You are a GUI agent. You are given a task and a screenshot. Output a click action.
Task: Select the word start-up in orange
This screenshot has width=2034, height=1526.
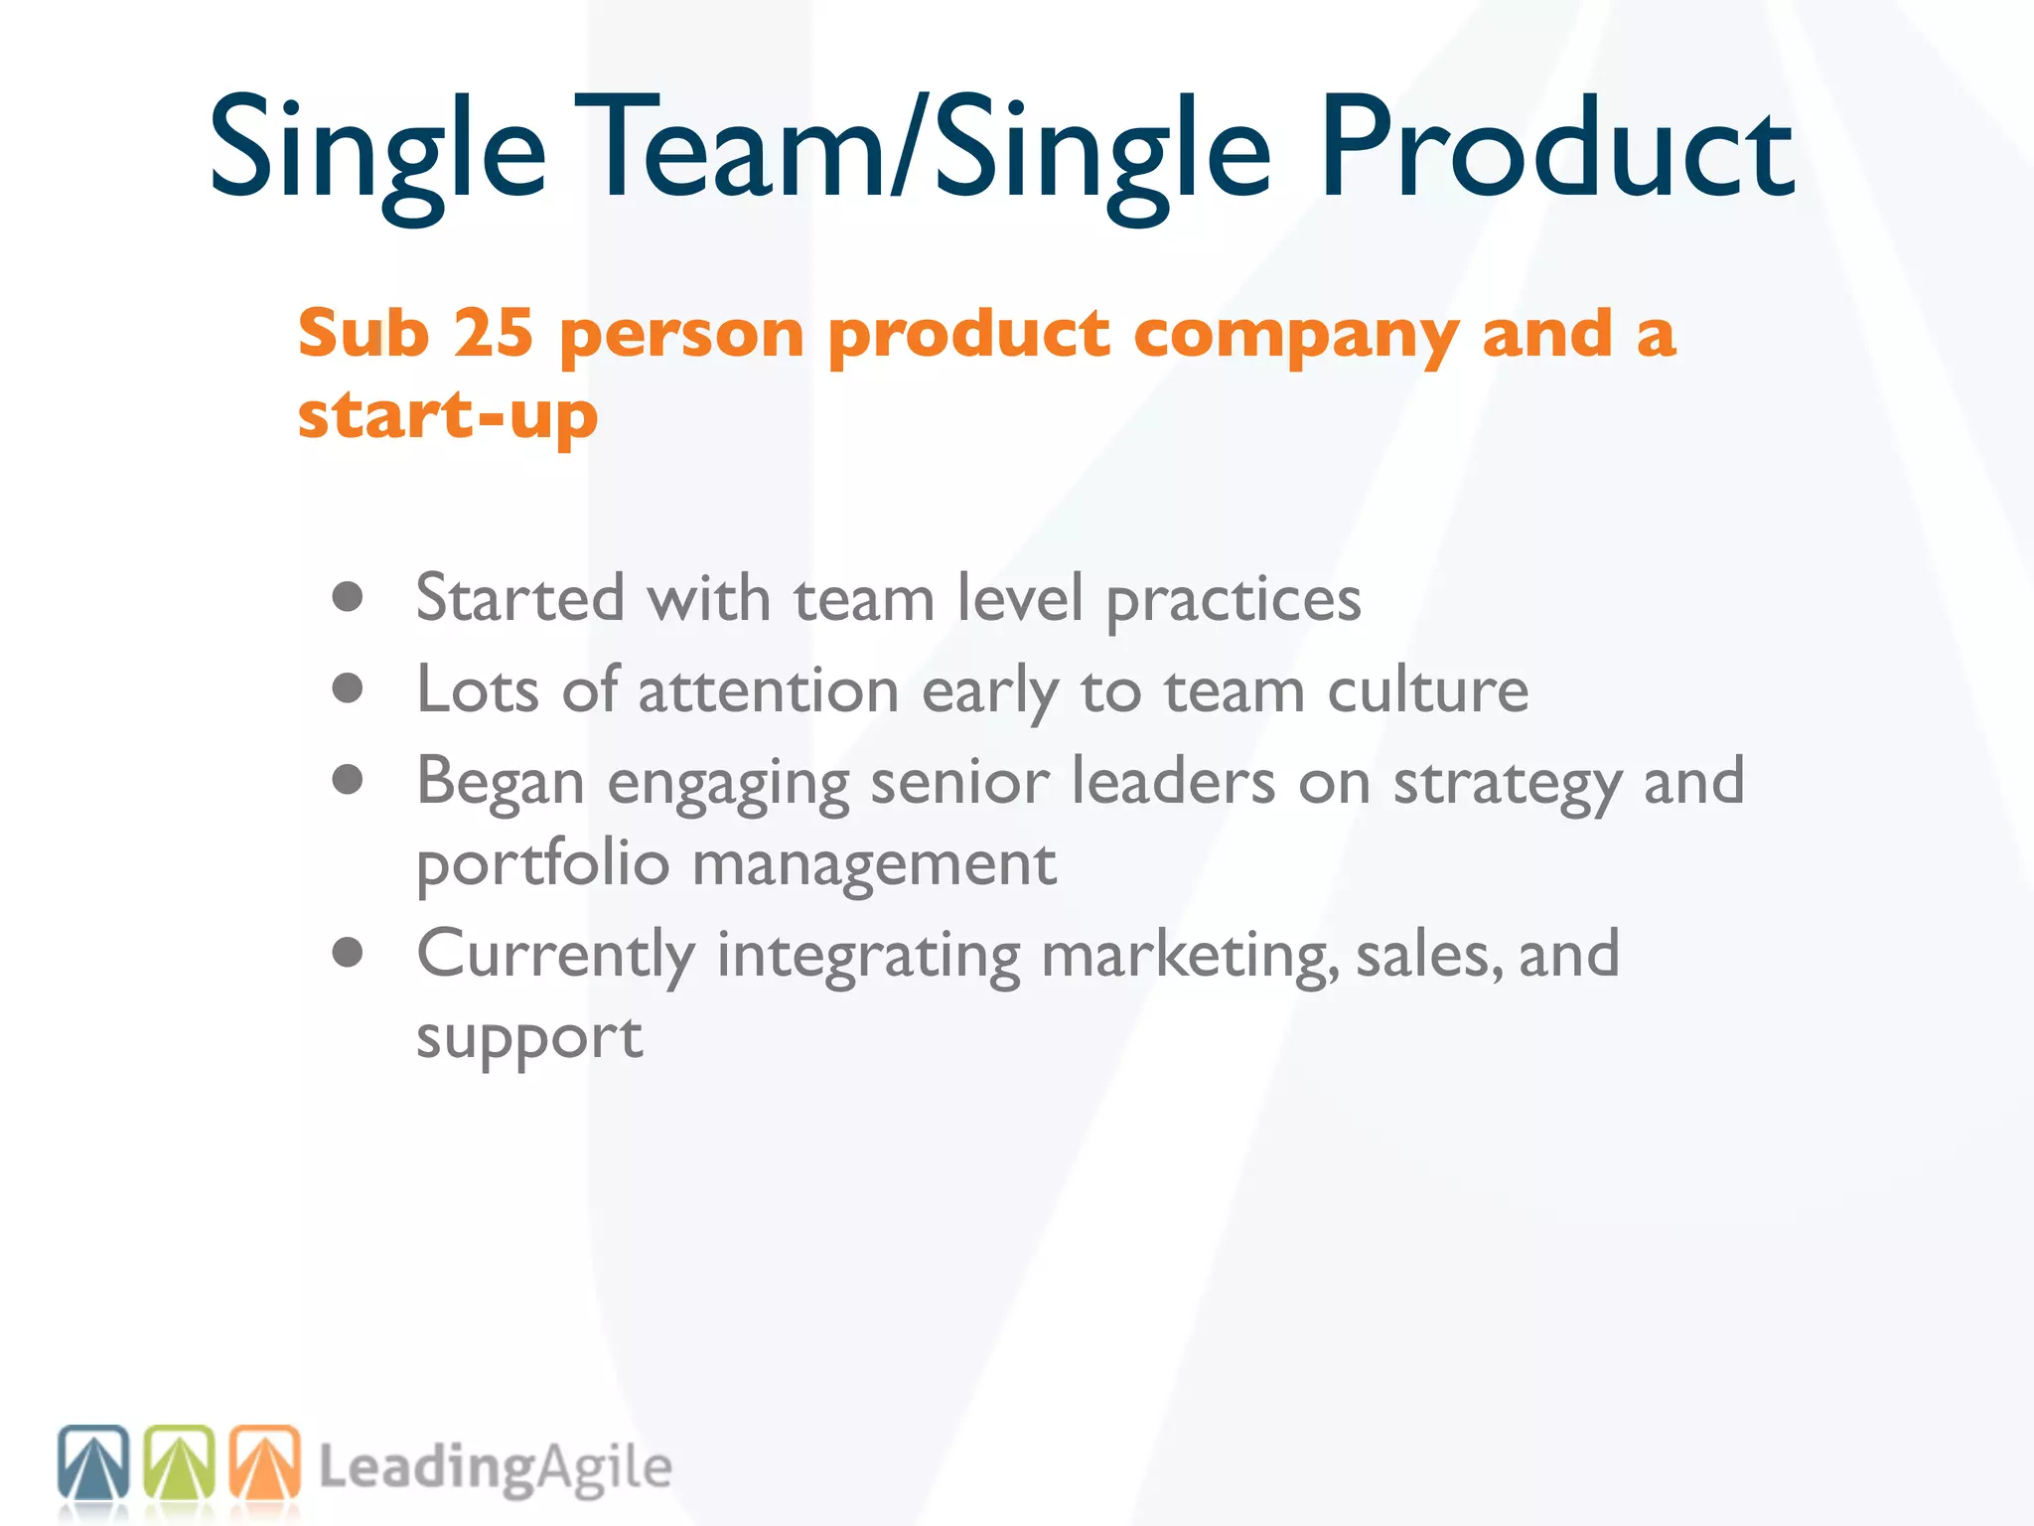click(448, 415)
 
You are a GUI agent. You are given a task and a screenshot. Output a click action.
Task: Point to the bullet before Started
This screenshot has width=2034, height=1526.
click(348, 597)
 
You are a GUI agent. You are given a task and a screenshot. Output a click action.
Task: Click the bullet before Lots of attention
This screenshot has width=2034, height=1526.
click(348, 688)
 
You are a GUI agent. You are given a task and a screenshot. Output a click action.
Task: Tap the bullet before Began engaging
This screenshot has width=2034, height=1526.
click(348, 780)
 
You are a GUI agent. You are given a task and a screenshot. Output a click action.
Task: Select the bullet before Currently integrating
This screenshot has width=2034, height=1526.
click(348, 953)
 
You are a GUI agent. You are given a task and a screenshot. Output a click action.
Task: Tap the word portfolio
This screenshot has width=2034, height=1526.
click(542, 864)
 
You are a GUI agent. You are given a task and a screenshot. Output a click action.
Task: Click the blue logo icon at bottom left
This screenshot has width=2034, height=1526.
click(93, 1461)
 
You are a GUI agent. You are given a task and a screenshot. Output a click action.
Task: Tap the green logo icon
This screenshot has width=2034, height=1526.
click(180, 1461)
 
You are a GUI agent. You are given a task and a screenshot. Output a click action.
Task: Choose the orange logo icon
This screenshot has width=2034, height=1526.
click(265, 1461)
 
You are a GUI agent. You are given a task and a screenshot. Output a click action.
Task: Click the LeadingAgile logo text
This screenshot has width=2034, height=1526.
click(495, 1468)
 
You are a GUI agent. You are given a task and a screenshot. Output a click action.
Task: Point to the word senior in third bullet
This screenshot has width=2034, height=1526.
click(959, 782)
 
